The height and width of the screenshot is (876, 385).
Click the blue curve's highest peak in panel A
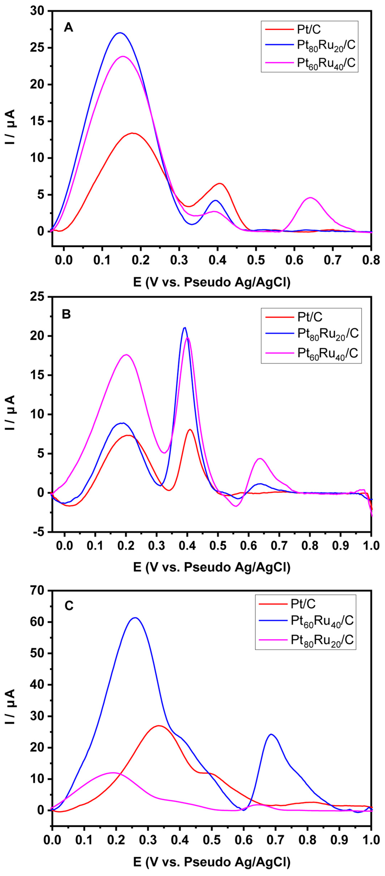pos(120,33)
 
